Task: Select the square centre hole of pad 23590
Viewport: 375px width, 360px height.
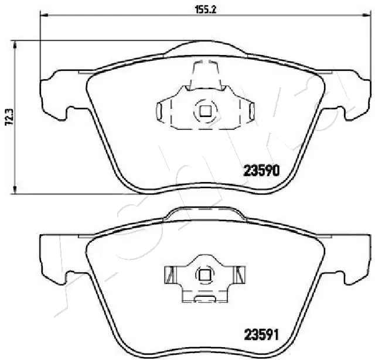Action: pyautogui.click(x=204, y=110)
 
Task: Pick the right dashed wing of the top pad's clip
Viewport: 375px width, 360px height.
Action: pyautogui.click(x=248, y=110)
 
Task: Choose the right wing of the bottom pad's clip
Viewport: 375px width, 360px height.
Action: pyautogui.click(x=239, y=274)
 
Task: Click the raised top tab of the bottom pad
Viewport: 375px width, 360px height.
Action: pyautogui.click(x=204, y=213)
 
